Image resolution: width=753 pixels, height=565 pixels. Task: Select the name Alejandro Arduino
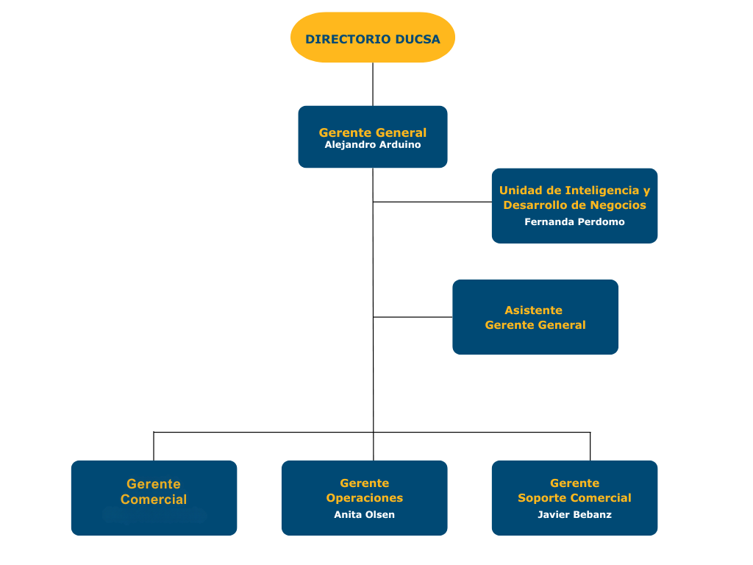pos(373,145)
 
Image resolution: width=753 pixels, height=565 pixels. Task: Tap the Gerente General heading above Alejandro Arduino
pos(373,132)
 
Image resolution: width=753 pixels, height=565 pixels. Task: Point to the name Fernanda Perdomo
pos(574,221)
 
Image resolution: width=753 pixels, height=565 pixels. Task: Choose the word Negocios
pos(618,205)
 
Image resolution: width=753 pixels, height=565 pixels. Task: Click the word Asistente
pos(533,310)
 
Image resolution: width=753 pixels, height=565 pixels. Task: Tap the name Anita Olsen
pos(364,514)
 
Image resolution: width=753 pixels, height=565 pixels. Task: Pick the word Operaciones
pos(364,498)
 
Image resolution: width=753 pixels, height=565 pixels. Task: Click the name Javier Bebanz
pos(574,514)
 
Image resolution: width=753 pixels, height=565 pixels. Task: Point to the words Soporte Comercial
pos(574,498)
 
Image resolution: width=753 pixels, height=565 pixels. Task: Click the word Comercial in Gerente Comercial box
pos(154,500)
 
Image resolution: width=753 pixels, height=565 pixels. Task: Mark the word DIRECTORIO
pos(348,39)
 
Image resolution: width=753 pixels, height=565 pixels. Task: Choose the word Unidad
pos(520,190)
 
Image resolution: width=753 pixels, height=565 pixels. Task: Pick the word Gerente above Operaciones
pos(364,483)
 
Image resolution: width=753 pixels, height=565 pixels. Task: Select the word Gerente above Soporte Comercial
pos(574,483)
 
